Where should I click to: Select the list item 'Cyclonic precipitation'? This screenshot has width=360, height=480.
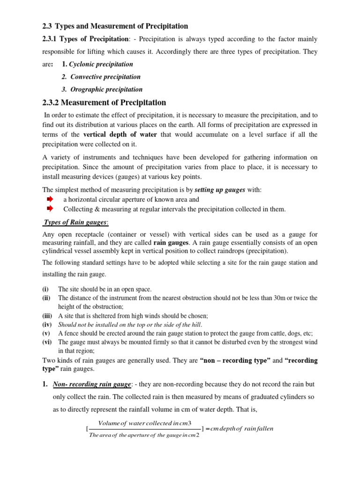(101, 64)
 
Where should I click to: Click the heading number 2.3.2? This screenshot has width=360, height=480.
(50, 103)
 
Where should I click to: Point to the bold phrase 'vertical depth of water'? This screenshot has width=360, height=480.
(120, 135)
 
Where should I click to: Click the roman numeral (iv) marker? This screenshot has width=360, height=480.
(47, 324)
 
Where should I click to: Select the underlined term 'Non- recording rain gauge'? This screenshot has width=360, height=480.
(91, 384)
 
